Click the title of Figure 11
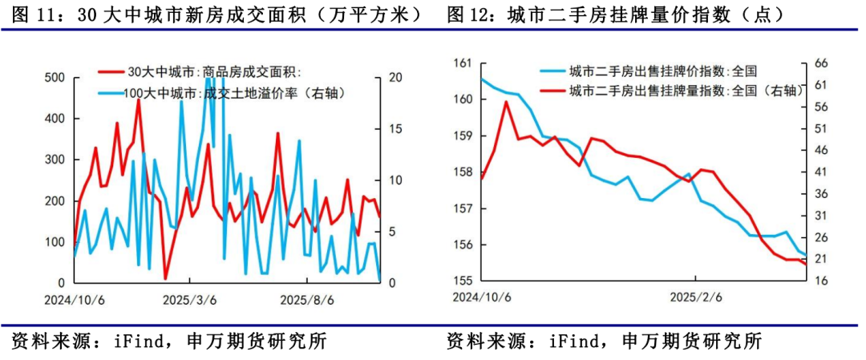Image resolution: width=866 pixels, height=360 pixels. [217, 14]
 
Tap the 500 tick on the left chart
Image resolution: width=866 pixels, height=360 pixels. [54, 78]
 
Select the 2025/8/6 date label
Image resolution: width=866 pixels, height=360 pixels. [306, 299]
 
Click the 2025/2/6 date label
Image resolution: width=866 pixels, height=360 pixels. [696, 297]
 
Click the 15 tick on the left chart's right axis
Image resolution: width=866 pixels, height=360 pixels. [395, 129]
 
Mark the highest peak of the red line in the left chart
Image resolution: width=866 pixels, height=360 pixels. [138, 100]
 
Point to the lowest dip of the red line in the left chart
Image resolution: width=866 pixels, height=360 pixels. [165, 278]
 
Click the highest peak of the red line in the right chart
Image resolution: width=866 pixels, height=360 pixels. [506, 102]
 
